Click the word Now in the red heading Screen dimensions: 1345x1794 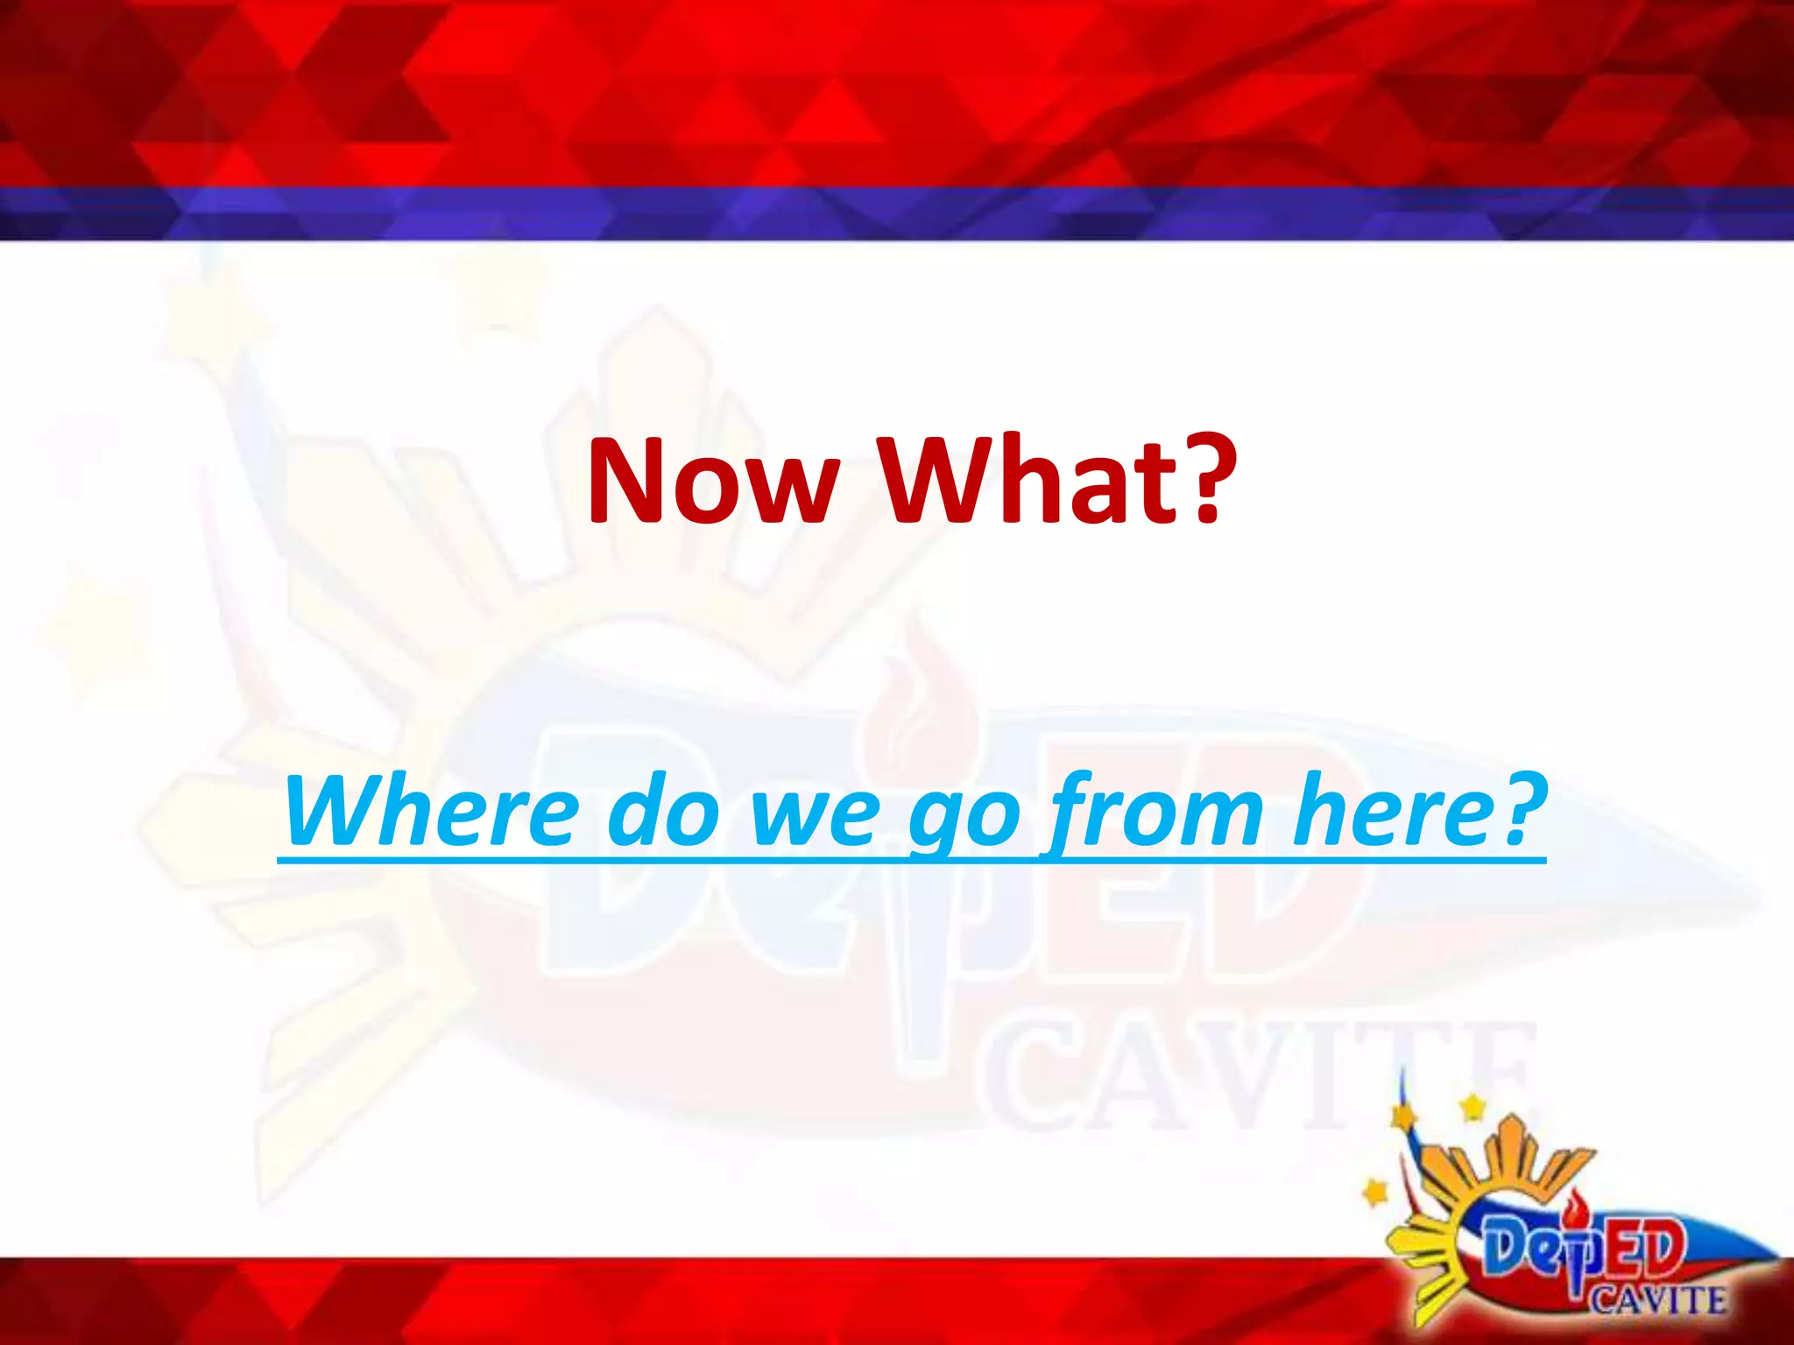coord(710,481)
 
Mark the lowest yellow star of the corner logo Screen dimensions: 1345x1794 coord(1376,1192)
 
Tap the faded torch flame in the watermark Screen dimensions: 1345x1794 coord(902,701)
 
